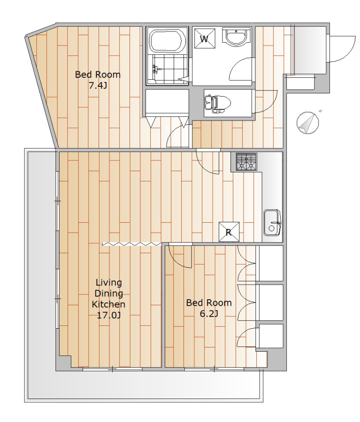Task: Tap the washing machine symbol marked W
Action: coord(205,38)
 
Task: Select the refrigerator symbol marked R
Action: coord(229,232)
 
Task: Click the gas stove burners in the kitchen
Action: coord(246,162)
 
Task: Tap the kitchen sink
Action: coord(272,223)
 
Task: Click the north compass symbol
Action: coord(308,122)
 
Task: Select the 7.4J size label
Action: coord(98,86)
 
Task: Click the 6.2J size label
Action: coord(209,314)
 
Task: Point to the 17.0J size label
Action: coord(108,315)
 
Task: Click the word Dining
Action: coord(109,294)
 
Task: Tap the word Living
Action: coord(109,283)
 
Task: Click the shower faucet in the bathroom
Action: coord(155,69)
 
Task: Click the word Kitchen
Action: coord(108,304)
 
